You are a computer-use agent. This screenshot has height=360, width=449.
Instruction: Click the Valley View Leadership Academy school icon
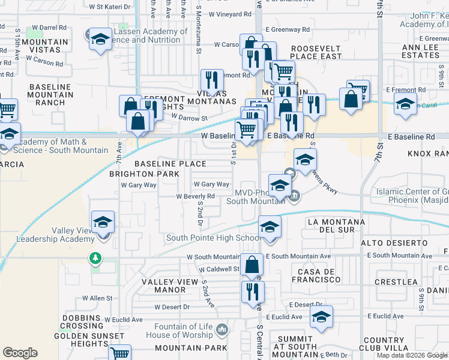[x=103, y=223]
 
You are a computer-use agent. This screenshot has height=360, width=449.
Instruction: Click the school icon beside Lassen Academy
[x=100, y=40]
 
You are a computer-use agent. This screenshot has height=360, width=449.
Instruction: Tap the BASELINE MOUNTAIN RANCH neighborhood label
[x=50, y=95]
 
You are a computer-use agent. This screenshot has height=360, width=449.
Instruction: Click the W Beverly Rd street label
[x=195, y=196]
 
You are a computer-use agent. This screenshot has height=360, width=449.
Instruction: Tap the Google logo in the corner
[x=20, y=353]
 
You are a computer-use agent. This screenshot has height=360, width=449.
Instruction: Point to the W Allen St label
[x=98, y=298]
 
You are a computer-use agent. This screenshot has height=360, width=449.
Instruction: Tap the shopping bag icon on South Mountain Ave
[x=253, y=265]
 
